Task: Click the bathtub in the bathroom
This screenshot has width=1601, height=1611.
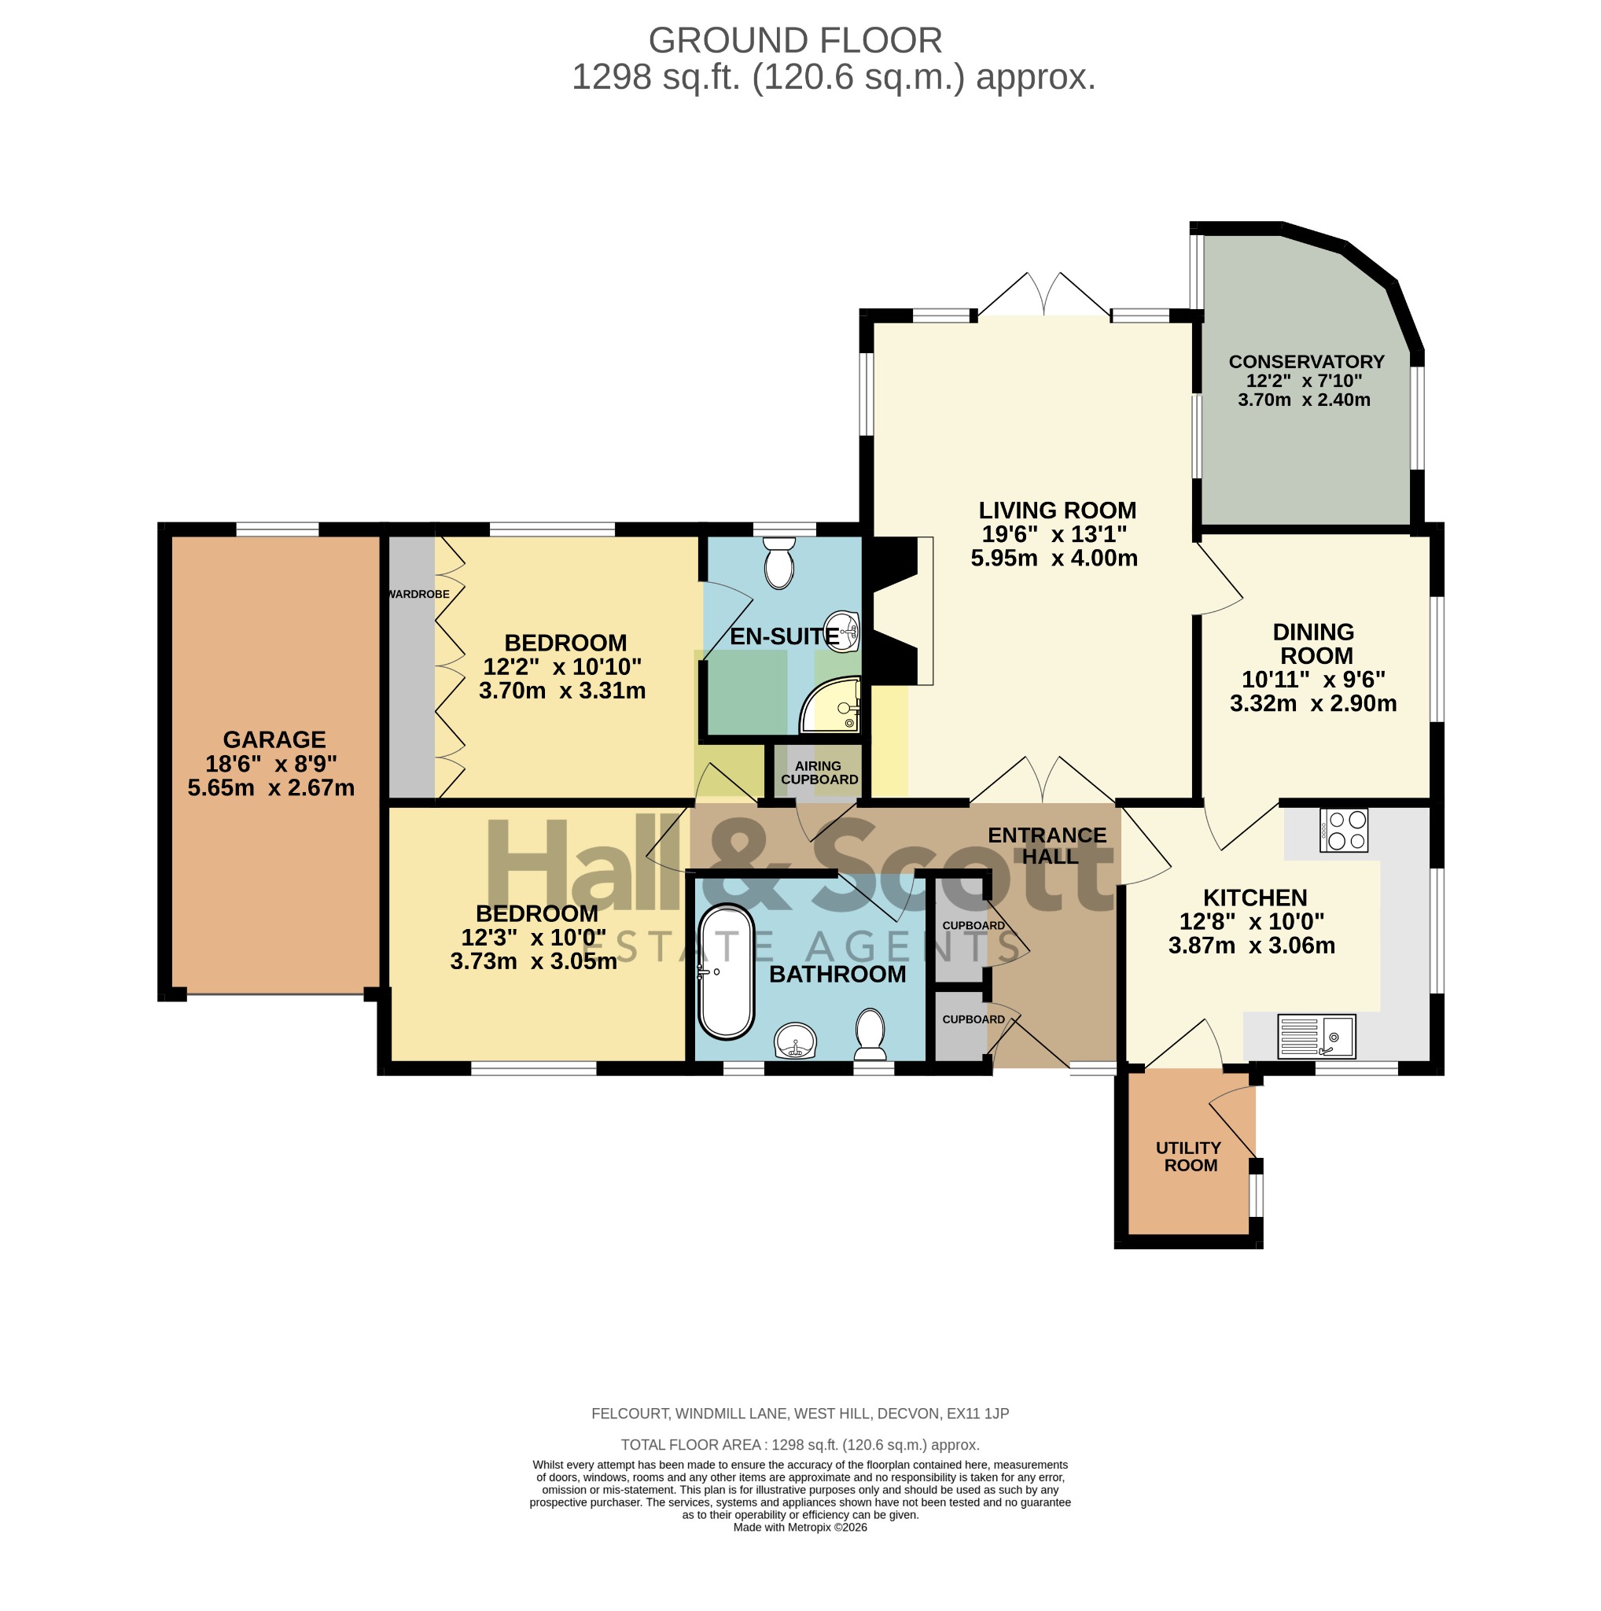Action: coord(726,971)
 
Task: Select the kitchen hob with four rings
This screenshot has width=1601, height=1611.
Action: coord(1344,830)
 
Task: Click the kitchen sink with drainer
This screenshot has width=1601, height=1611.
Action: coord(1317,1037)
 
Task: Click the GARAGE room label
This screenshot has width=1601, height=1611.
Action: coord(274,739)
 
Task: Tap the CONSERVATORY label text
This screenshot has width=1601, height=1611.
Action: coord(1306,362)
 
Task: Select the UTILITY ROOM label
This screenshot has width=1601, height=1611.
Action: coord(1189,1156)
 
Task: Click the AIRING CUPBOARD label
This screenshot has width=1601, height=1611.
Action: coord(819,772)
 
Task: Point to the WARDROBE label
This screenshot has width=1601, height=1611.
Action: coord(419,595)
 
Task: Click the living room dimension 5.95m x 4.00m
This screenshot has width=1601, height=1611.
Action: coord(1054,558)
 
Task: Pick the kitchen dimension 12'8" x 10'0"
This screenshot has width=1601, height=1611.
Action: coord(1252,921)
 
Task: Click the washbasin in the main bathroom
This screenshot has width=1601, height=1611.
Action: coord(796,1041)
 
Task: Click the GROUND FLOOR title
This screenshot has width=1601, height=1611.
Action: coord(795,40)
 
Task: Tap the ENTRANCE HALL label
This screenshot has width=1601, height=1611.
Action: coord(1047,846)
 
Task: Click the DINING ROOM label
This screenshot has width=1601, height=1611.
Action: coord(1313,643)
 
